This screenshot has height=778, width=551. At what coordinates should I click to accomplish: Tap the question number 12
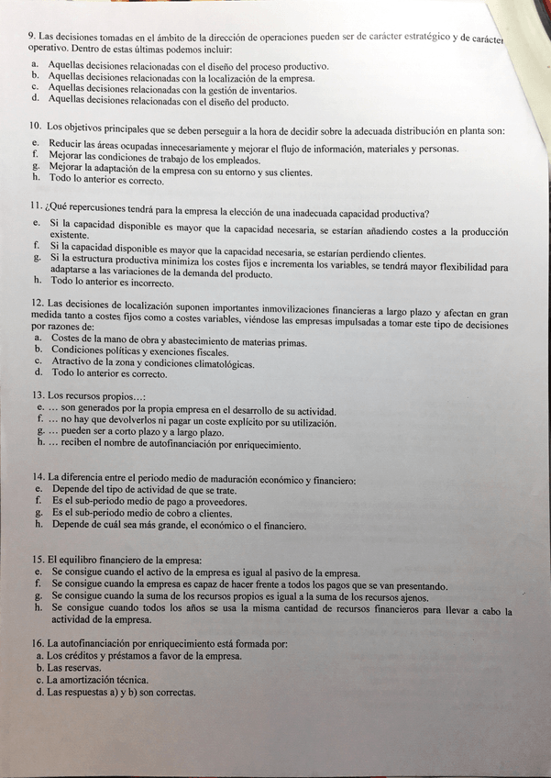(37, 303)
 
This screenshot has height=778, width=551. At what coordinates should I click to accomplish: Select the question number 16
(37, 644)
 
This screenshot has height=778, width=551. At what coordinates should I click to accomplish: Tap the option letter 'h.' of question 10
(36, 182)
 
